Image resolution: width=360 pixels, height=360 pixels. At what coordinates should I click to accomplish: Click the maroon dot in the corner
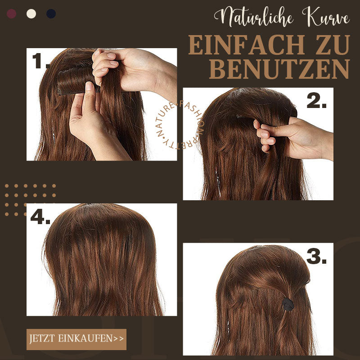click(x=12, y=13)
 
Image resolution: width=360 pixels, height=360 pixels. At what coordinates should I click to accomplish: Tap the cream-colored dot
click(x=31, y=13)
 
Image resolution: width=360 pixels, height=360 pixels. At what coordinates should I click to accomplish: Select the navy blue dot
click(x=51, y=13)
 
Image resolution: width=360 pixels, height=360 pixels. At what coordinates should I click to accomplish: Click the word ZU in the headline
click(x=331, y=45)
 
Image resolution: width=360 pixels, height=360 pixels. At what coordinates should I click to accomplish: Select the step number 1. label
click(x=40, y=61)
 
